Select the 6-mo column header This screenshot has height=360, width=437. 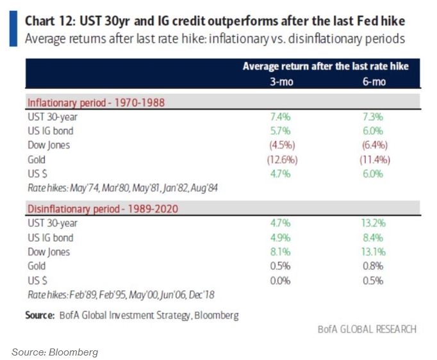click(374, 83)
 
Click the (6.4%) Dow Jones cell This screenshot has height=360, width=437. click(374, 145)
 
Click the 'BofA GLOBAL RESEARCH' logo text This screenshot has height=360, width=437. click(367, 329)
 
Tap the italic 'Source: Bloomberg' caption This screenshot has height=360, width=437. click(55, 352)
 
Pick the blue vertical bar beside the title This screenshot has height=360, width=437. click(13, 29)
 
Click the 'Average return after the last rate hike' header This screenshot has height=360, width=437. click(326, 67)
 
